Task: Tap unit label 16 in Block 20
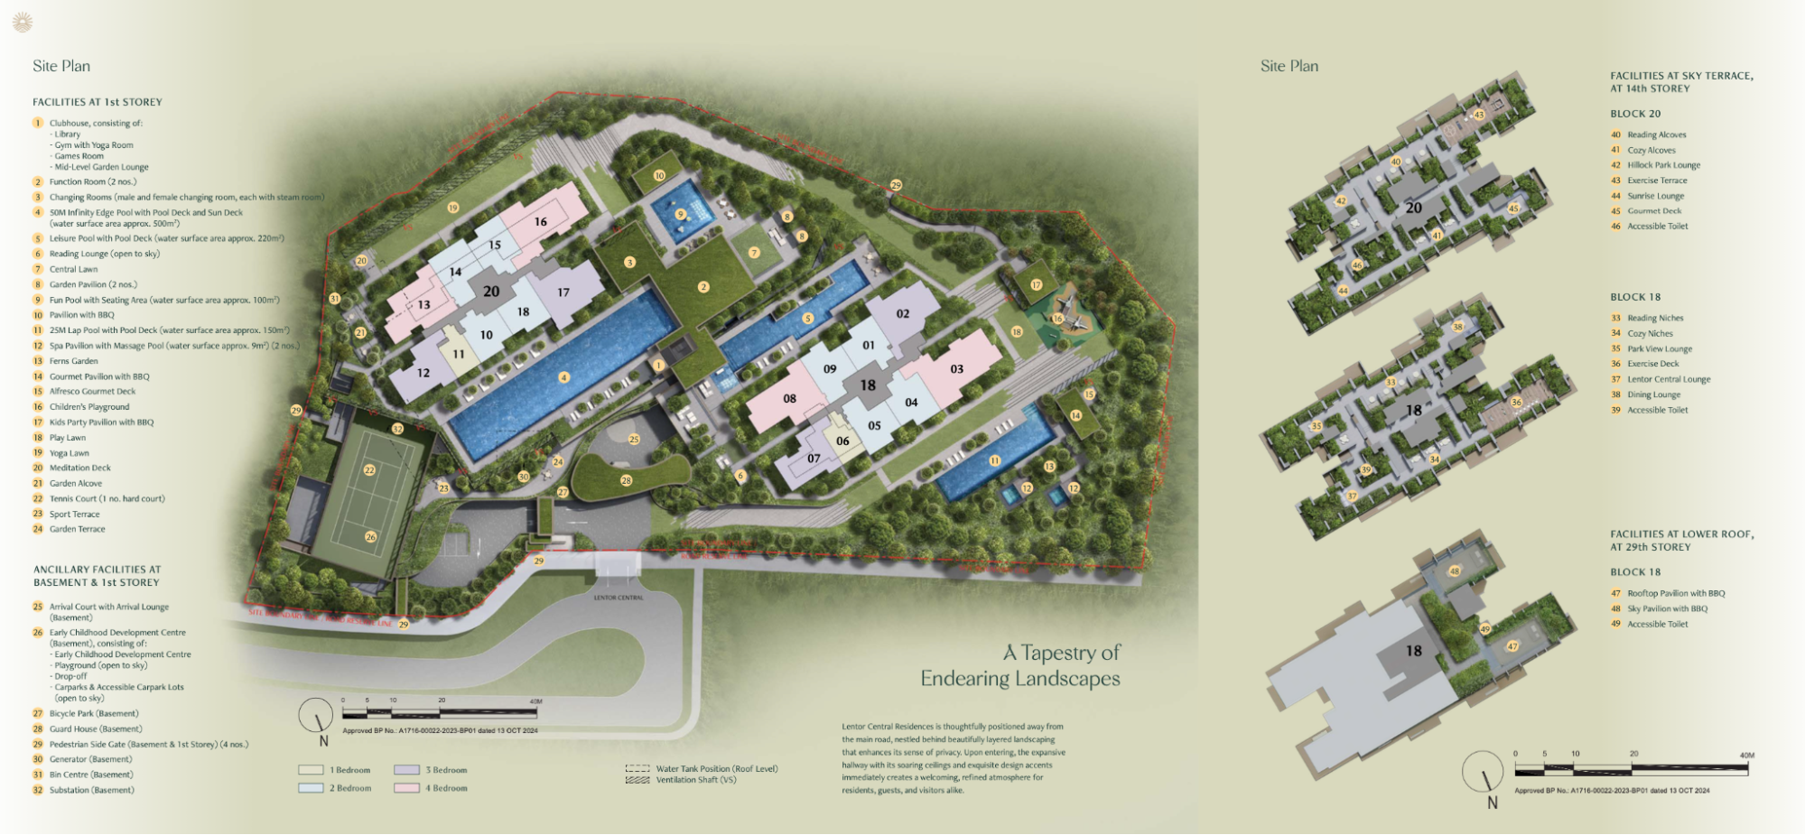pos(540,221)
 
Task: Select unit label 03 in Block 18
pos(956,368)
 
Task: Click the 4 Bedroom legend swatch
pos(406,788)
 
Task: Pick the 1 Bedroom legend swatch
pos(311,770)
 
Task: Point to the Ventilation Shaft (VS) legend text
pos(695,780)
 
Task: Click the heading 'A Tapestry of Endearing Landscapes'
pos(1020,665)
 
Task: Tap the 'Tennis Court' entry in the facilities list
pos(107,498)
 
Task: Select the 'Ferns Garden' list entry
pos(73,361)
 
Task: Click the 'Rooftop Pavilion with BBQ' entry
pos(1675,593)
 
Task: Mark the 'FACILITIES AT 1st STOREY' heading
pos(98,102)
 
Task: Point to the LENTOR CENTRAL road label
pos(618,598)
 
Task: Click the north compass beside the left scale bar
pos(316,717)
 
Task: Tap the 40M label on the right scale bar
pos(1746,755)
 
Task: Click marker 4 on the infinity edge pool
pos(563,377)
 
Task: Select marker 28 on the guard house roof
pos(626,480)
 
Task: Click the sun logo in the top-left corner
pos(23,23)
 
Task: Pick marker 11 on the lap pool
pos(994,460)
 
